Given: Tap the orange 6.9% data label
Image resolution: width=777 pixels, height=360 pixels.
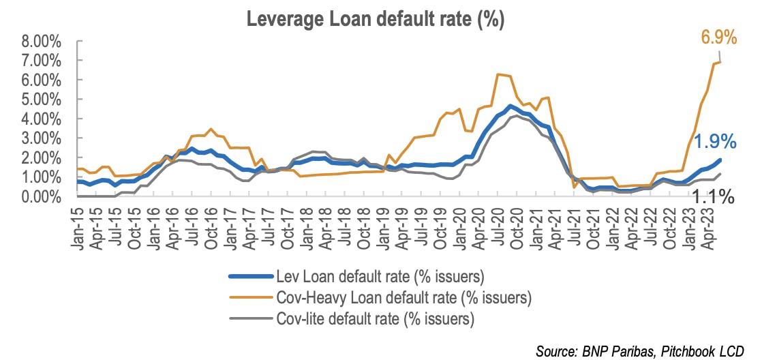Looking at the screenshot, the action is [x=718, y=37].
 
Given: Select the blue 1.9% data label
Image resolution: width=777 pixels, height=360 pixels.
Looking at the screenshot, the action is [x=714, y=142].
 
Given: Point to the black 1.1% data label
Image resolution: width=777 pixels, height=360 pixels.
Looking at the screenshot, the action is [x=713, y=197].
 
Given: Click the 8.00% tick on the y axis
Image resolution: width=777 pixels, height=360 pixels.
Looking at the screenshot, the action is [x=41, y=42].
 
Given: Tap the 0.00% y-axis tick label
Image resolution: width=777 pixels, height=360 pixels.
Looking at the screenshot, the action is [x=41, y=197].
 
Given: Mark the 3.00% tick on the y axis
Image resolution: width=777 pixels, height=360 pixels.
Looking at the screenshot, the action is [x=41, y=139].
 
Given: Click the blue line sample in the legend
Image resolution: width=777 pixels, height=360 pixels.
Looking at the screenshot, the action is [x=251, y=275].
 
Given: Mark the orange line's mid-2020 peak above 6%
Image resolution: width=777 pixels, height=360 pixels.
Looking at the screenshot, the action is [x=498, y=74].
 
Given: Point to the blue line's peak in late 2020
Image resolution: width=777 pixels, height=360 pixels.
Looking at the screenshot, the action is [x=510, y=106].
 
